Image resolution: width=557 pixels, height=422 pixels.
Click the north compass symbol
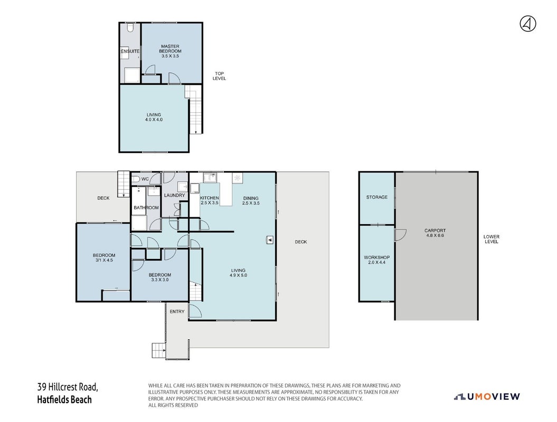tap(528, 24)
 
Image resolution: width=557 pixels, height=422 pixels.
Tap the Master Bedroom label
tap(170, 49)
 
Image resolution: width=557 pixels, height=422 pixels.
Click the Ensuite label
tap(130, 52)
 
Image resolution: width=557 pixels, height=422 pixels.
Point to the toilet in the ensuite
tap(130, 27)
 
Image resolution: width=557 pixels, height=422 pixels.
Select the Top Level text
tap(219, 76)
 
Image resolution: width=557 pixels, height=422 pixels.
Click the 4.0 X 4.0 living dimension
tap(154, 120)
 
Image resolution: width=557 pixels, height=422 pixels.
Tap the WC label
tap(145, 179)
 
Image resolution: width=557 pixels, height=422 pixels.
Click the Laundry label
tap(174, 195)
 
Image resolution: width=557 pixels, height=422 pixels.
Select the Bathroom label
tap(146, 208)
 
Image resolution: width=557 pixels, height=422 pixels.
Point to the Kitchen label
tap(209, 198)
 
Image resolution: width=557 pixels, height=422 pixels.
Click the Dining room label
tap(251, 198)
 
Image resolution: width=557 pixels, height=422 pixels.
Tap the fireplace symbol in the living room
tap(270, 241)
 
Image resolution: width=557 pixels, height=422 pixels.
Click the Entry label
tap(177, 312)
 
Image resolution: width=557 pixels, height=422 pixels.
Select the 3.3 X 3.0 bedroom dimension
tap(160, 280)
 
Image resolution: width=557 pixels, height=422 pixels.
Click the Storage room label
tap(377, 197)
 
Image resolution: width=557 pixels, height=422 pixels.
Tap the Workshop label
tap(376, 257)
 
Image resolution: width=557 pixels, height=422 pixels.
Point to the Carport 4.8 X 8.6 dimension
tap(435, 235)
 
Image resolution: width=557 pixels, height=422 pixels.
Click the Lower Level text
tap(492, 239)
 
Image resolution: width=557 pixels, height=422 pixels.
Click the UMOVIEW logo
tap(487, 397)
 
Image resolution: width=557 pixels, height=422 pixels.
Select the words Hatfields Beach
tap(64, 400)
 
